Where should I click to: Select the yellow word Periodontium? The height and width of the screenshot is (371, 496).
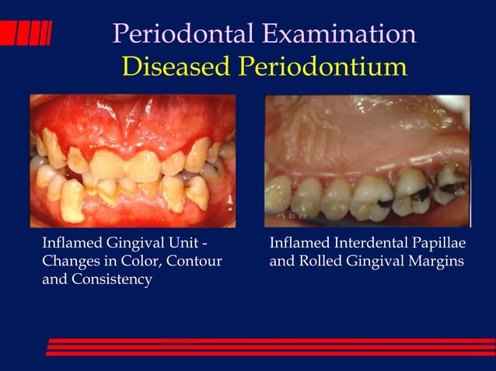pos(323,67)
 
